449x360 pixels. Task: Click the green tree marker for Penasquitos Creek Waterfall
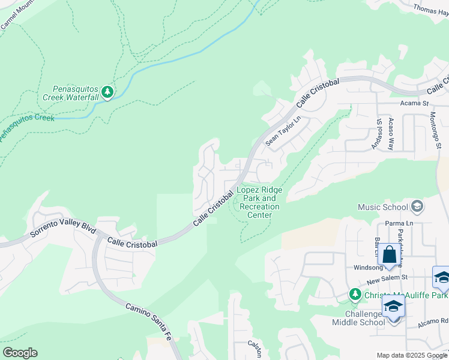[x=107, y=92]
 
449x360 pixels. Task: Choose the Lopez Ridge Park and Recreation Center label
[x=259, y=202]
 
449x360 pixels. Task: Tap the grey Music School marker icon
[x=417, y=207]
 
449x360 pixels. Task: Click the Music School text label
[x=382, y=208]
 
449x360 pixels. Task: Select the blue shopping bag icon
[x=389, y=254]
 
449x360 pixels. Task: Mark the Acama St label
[x=414, y=103]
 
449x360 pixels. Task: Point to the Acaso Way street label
[x=391, y=133]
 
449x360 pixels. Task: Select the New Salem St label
[x=387, y=277]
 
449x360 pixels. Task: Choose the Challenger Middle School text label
[x=358, y=318]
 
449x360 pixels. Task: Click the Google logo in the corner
[x=20, y=353]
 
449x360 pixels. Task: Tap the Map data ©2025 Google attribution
[x=411, y=355]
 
